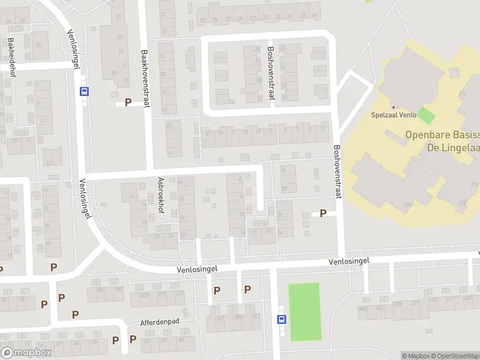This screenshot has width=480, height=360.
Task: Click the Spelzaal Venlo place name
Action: tap(393, 115)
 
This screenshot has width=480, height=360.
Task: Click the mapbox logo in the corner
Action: tap(26, 353)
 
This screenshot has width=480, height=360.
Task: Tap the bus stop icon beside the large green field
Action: tap(280, 319)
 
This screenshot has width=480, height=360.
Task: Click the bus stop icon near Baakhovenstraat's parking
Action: tap(84, 92)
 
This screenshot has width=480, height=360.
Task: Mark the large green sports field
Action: tap(304, 312)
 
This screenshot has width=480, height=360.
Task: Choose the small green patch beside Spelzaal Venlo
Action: tap(425, 115)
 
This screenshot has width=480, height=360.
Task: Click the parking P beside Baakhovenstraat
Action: tap(127, 103)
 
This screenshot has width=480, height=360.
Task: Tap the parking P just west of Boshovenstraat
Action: tap(323, 213)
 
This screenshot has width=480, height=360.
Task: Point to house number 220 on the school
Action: tap(408, 205)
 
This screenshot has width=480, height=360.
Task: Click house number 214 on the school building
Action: tap(463, 94)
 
